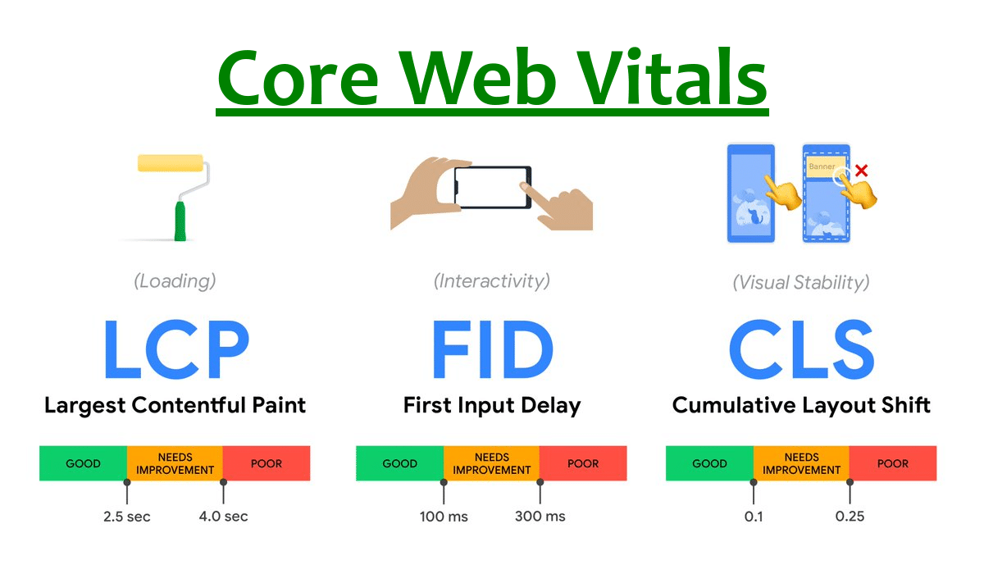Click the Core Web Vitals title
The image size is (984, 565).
point(492,78)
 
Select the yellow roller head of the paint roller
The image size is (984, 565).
point(171,162)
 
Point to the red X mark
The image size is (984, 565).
point(861,171)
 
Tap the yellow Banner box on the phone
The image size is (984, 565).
point(822,166)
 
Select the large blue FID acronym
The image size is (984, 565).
point(492,350)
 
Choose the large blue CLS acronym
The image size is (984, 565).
point(801,350)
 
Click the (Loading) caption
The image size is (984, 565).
point(175,281)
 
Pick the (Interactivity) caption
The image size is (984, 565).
point(492,281)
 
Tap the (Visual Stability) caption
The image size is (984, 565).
point(801,283)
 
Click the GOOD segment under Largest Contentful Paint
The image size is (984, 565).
point(83,463)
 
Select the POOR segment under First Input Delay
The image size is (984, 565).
point(583,463)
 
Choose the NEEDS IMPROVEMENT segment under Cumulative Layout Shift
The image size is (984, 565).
point(801,463)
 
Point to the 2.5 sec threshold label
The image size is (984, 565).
point(127,517)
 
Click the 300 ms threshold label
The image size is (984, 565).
point(540,517)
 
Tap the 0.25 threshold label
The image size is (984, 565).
point(850,517)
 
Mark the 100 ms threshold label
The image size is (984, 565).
point(444,517)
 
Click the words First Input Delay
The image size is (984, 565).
point(492,405)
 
